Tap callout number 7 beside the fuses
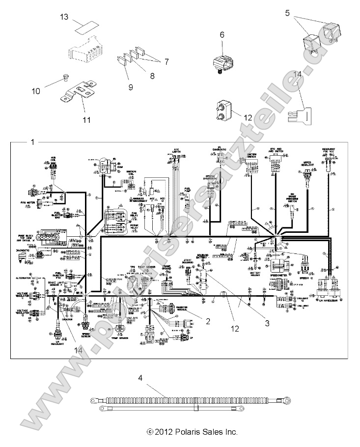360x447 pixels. point(166,62)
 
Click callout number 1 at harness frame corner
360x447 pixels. point(32,142)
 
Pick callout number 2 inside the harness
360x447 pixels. point(208,321)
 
